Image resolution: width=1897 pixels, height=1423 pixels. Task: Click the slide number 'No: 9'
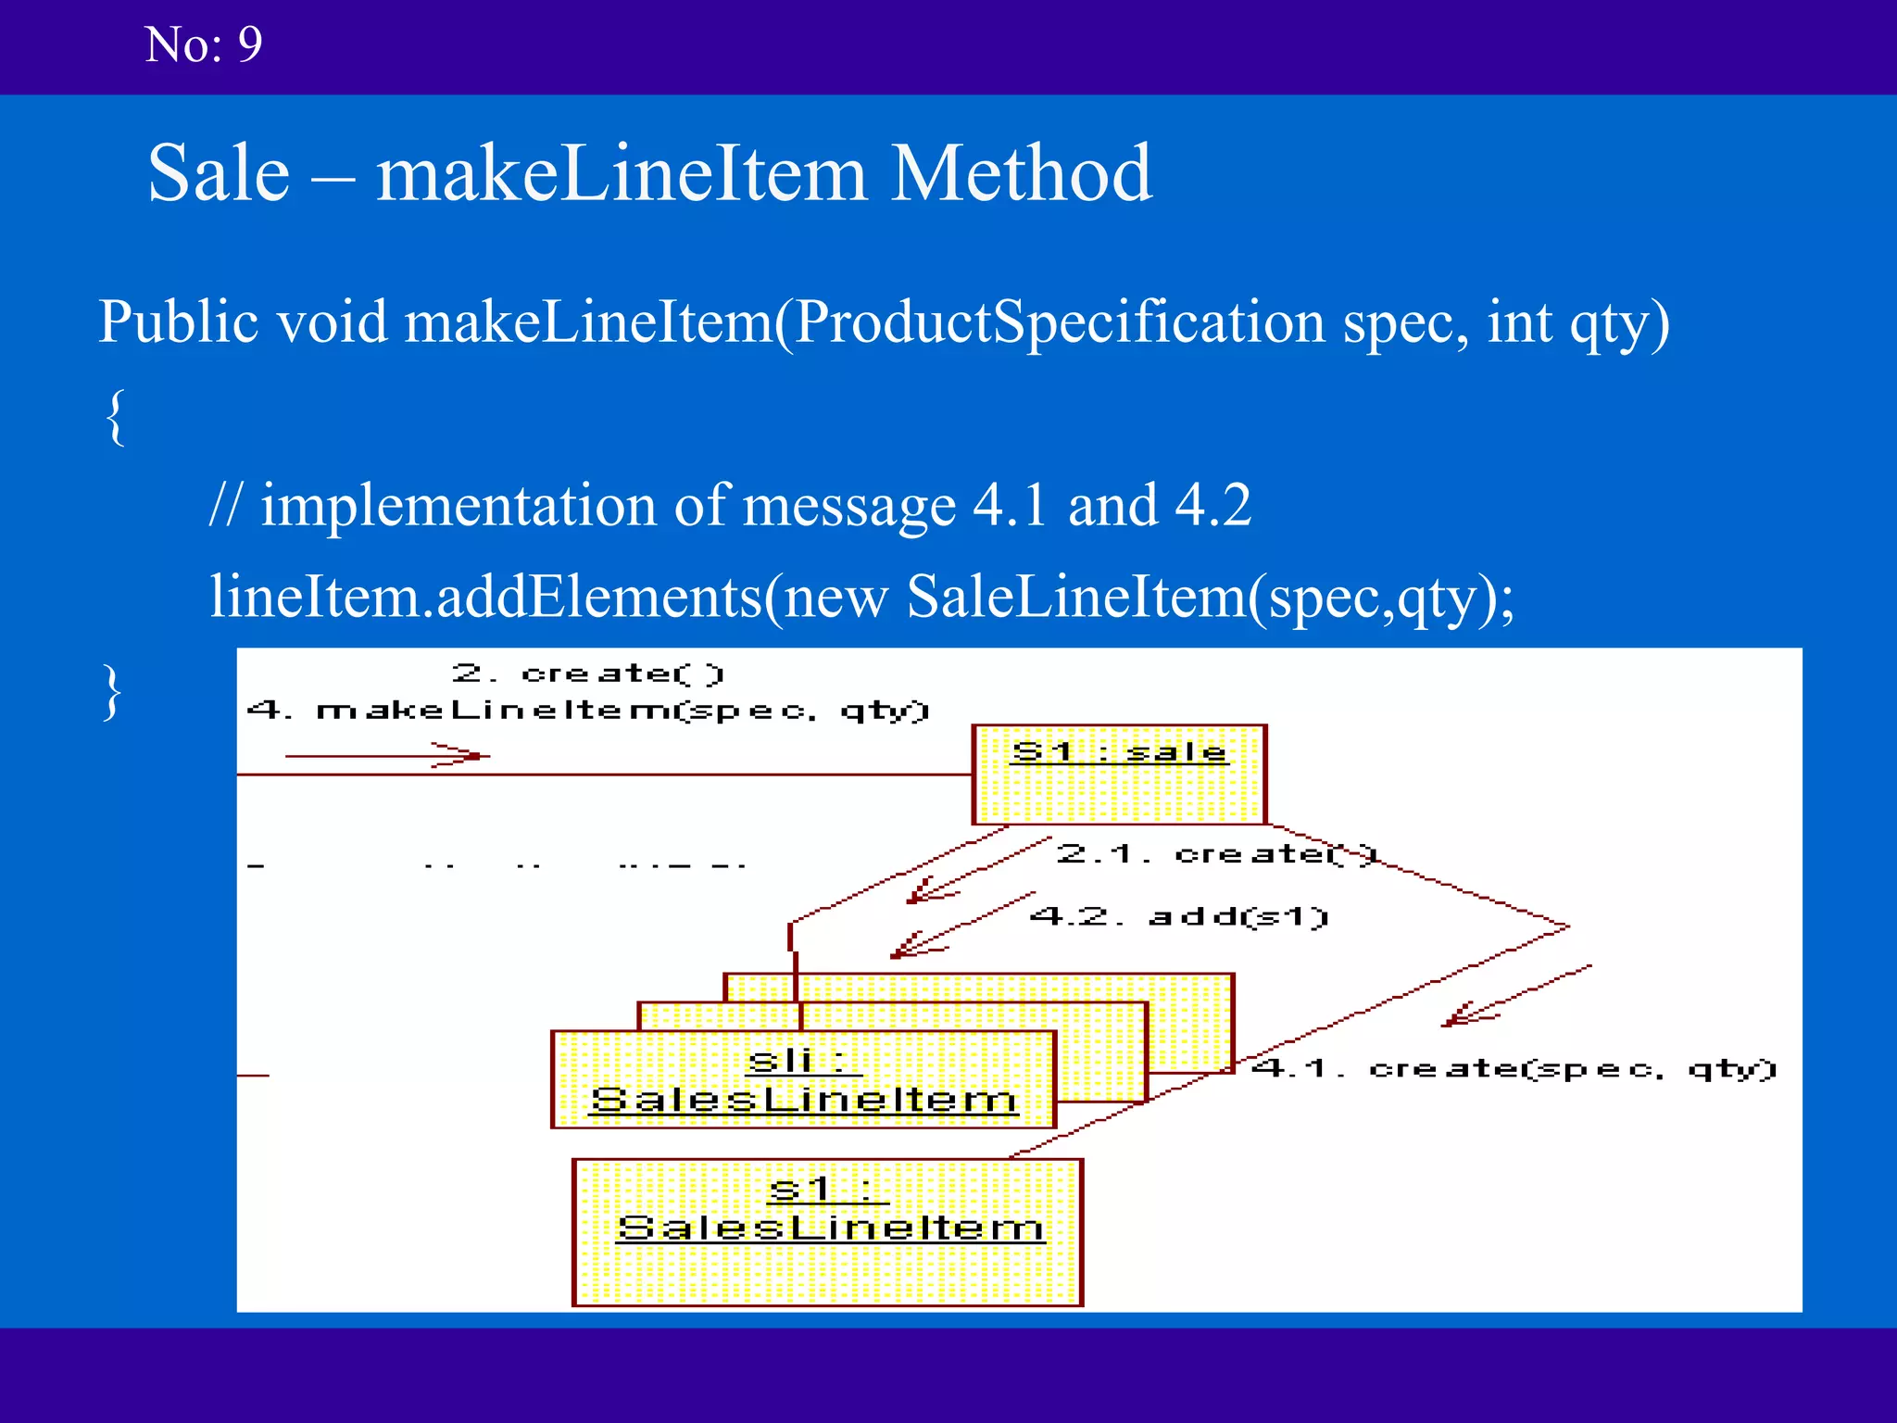[203, 44]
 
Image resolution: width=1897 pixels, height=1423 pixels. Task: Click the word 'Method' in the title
[1021, 173]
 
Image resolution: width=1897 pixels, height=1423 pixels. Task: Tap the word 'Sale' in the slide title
[219, 173]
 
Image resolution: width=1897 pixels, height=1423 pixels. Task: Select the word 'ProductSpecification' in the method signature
[1060, 321]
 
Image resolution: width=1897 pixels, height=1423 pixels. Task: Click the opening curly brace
[116, 417]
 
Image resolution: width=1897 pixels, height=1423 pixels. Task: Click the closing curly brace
[112, 692]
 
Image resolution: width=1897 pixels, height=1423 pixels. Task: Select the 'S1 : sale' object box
[1118, 774]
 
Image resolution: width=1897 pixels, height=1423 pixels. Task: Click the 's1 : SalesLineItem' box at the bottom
[827, 1231]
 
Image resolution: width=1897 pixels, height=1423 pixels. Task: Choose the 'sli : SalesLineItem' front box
[802, 1079]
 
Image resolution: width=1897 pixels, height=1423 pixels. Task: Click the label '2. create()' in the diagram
[587, 673]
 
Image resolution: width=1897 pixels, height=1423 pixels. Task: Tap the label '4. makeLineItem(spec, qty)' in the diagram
[587, 711]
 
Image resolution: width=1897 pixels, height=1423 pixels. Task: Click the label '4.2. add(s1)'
[1178, 917]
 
